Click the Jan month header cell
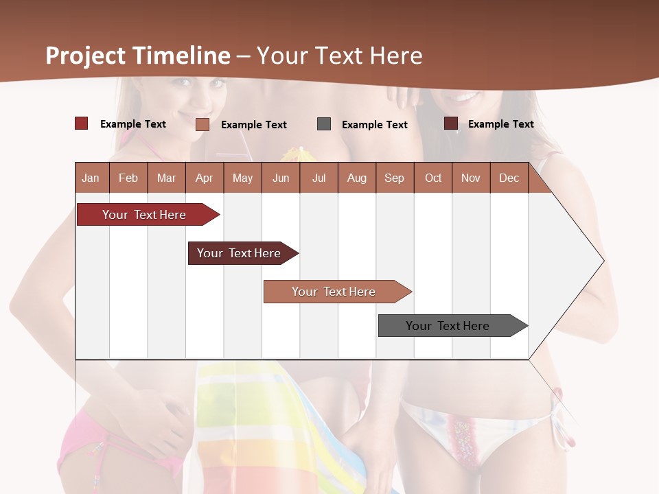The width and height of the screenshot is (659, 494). click(91, 178)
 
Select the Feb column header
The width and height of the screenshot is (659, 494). click(128, 178)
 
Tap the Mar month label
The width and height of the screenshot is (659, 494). click(166, 178)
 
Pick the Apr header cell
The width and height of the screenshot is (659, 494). click(205, 178)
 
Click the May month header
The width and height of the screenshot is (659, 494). click(242, 178)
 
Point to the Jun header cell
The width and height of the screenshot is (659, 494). click(281, 178)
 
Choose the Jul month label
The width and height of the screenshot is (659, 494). click(319, 178)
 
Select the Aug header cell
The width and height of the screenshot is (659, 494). click(357, 178)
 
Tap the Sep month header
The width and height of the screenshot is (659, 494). click(395, 178)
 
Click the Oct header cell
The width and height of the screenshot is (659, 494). click(433, 178)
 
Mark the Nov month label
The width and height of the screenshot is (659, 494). click(471, 178)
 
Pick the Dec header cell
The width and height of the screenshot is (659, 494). click(509, 178)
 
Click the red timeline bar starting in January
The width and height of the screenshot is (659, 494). click(144, 215)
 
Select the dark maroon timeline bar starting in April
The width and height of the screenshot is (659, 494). click(239, 253)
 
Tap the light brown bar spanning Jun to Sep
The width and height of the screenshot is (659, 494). click(334, 292)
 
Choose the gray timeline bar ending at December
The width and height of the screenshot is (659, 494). click(448, 326)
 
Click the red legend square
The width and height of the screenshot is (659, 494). click(82, 123)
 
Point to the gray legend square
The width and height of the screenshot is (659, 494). click(324, 123)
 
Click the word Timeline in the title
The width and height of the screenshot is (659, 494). click(181, 56)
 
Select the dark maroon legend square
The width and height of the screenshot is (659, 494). click(451, 123)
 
